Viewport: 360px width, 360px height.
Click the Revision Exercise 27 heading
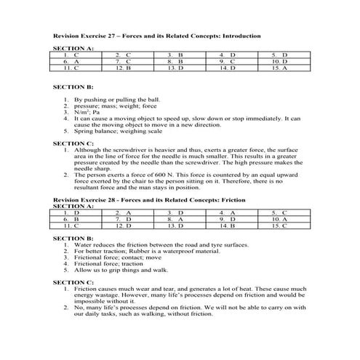(x=158, y=35)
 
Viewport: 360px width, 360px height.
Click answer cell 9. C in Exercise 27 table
(x=229, y=62)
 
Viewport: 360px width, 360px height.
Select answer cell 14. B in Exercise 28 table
(x=229, y=225)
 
